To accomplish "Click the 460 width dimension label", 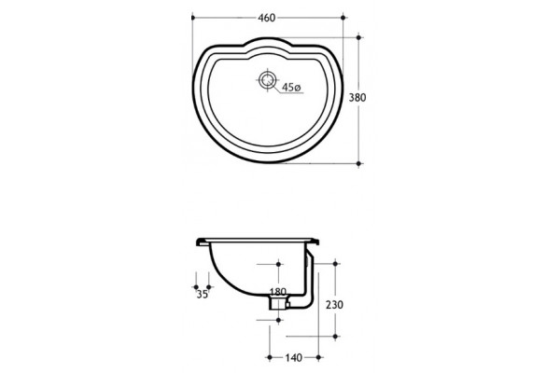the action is pos(267,18).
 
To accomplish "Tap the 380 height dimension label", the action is pos(357,97).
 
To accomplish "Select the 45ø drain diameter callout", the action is pos(291,87).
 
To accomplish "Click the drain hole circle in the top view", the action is pos(267,80).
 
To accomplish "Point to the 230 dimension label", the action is pos(334,305).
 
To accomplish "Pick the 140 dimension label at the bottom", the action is pos(294,358).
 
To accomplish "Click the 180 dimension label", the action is pos(278,292).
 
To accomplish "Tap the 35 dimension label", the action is pos(203,295).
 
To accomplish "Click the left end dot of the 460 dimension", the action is pos(193,18).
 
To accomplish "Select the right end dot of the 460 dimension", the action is pos(343,18).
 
